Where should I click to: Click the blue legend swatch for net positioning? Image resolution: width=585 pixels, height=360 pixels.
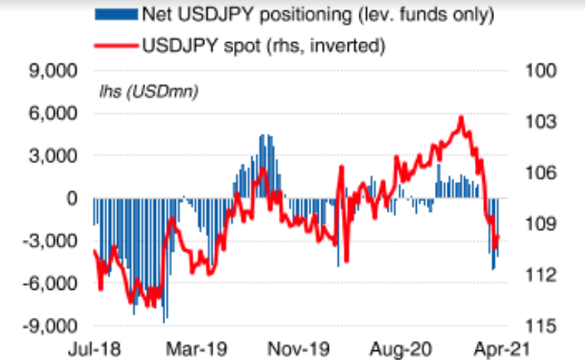(114, 13)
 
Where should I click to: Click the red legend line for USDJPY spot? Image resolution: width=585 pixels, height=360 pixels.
(114, 45)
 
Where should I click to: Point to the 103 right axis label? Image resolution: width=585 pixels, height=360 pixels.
(537, 122)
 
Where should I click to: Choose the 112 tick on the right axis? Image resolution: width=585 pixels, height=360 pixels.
(537, 275)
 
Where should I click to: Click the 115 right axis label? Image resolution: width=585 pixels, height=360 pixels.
(537, 326)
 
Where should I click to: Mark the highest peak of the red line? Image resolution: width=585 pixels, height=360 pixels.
(461, 117)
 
